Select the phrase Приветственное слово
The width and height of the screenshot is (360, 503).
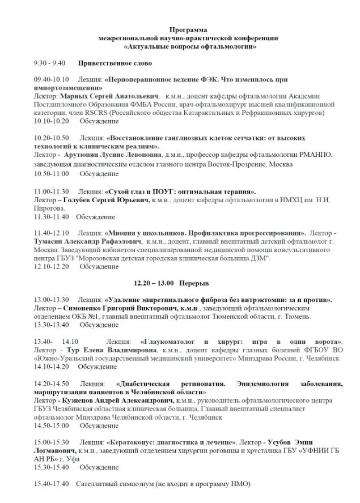click(x=115, y=63)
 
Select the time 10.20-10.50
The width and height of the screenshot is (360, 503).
click(x=51, y=138)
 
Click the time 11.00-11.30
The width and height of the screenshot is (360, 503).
click(x=51, y=191)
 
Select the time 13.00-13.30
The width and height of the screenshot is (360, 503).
click(x=51, y=299)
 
